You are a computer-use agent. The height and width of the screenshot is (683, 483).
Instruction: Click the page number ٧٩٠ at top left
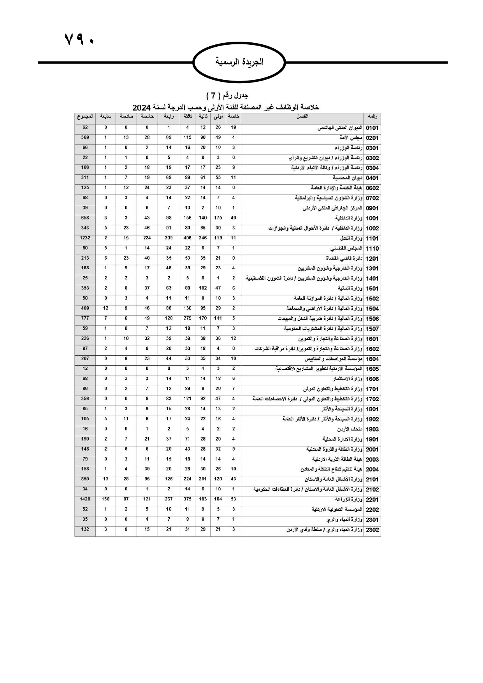pos(79,39)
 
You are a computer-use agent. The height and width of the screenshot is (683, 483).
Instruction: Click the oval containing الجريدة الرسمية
pos(239,62)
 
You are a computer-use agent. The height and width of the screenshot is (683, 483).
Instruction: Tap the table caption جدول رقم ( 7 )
pos(227,95)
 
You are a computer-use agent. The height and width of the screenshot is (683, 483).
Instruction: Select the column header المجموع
pos(85,116)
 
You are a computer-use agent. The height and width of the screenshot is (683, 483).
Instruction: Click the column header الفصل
pos(302,116)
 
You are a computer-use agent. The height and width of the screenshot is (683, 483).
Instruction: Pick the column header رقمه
pos(372,116)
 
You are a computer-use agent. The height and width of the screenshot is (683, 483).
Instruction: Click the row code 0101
pos(372,128)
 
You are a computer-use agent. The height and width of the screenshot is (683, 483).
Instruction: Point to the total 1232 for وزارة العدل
pos(85,238)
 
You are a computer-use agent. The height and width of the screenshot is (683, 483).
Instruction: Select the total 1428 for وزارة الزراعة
pos(85,499)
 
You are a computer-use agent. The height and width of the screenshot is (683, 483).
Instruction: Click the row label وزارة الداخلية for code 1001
pos(349,218)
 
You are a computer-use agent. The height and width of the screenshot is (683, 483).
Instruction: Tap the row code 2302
pos(372,530)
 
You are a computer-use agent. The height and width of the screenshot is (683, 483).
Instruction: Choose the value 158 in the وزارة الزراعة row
pos(105,499)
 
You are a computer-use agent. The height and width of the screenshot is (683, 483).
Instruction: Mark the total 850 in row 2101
pos(85,479)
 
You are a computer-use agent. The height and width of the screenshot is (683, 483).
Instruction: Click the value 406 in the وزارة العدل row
pos(187,238)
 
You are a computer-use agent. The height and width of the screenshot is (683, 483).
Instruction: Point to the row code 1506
pos(372,319)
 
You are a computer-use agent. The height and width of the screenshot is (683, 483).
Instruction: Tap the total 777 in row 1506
pos(85,318)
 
